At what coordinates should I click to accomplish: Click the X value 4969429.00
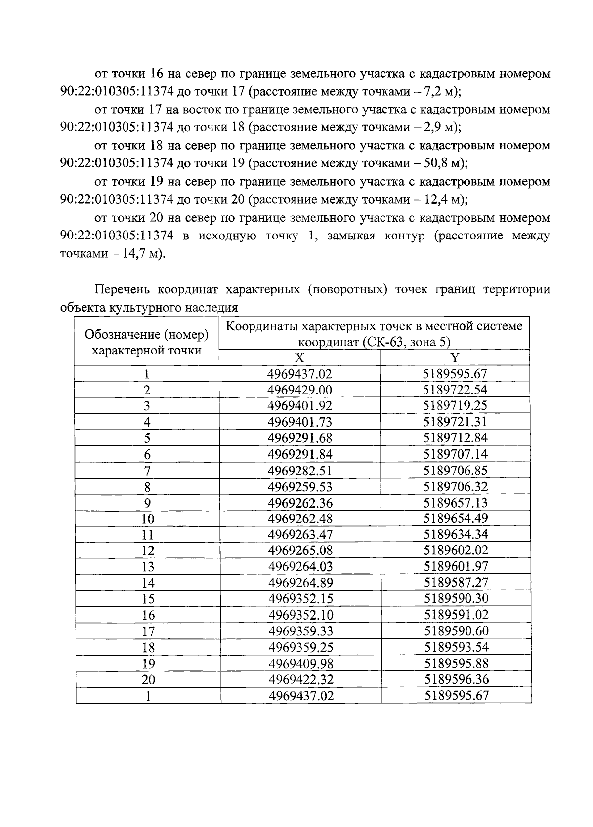pyautogui.click(x=299, y=390)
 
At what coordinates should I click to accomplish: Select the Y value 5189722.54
pyautogui.click(x=455, y=390)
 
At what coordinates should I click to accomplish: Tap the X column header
pyautogui.click(x=299, y=358)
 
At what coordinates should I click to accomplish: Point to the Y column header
pyautogui.click(x=455, y=358)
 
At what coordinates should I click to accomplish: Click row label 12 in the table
pyautogui.click(x=147, y=551)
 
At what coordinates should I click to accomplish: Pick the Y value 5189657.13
pyautogui.click(x=455, y=503)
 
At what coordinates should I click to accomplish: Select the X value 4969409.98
pyautogui.click(x=300, y=664)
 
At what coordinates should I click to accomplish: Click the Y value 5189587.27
pyautogui.click(x=456, y=583)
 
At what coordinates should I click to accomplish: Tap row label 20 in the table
pyautogui.click(x=148, y=680)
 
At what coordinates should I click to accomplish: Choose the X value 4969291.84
pyautogui.click(x=300, y=454)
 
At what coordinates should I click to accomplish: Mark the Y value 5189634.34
pyautogui.click(x=456, y=535)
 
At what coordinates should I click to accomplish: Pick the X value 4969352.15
pyautogui.click(x=300, y=599)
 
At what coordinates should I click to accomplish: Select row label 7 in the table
pyautogui.click(x=147, y=471)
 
